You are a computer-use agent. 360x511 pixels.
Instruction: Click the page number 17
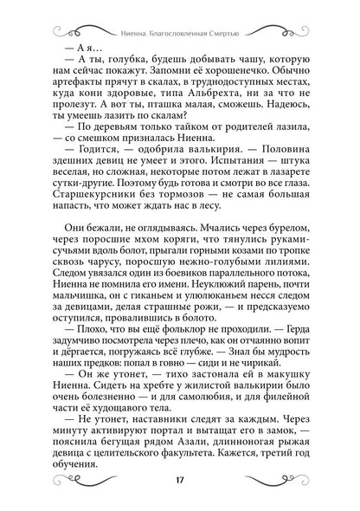[180, 482]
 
